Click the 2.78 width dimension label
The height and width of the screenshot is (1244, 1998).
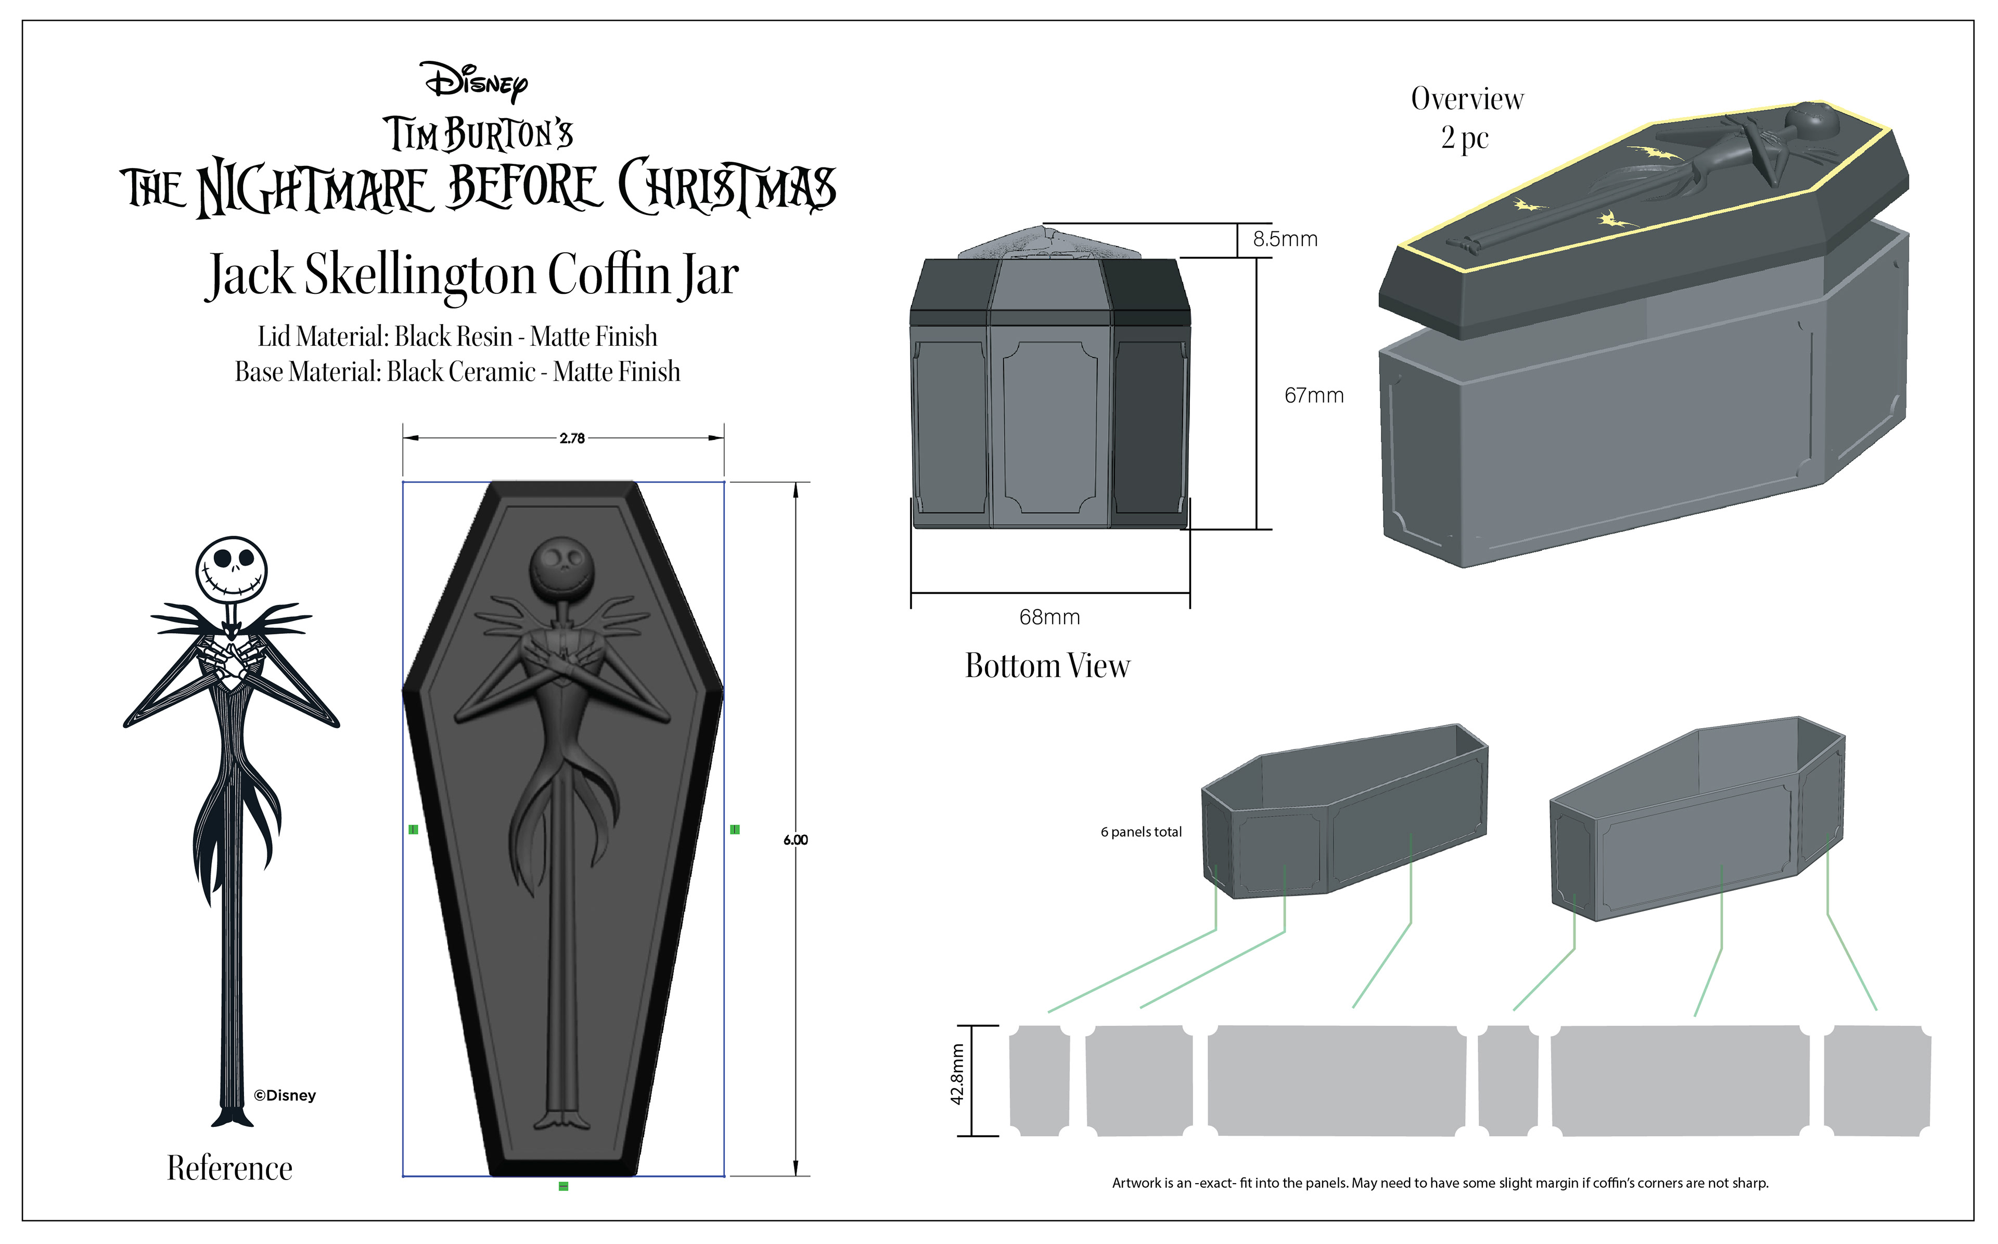pyautogui.click(x=572, y=438)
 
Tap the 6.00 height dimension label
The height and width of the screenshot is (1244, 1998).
pyautogui.click(x=795, y=840)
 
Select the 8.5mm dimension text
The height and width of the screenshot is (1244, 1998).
pyautogui.click(x=1285, y=239)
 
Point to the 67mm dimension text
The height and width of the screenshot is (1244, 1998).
pyautogui.click(x=1313, y=396)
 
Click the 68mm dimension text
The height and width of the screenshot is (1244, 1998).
pyautogui.click(x=1049, y=617)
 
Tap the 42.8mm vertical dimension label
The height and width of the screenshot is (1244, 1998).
pyautogui.click(x=957, y=1074)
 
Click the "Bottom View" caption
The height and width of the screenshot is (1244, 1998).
pyautogui.click(x=1047, y=666)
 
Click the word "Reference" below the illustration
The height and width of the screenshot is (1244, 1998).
pyautogui.click(x=229, y=1168)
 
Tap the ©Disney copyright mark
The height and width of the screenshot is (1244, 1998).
pyautogui.click(x=285, y=1096)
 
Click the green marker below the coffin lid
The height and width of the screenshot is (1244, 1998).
pyautogui.click(x=563, y=1186)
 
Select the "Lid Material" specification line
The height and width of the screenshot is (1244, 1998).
pyautogui.click(x=457, y=336)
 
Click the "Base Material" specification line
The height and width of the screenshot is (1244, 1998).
pyautogui.click(x=457, y=372)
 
